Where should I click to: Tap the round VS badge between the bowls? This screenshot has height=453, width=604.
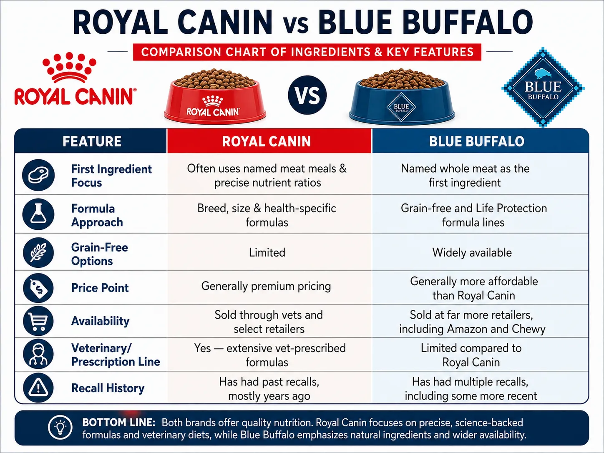coord(307,95)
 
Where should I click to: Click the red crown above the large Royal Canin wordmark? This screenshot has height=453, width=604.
coord(69,68)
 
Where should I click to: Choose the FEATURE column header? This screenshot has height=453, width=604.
coord(92,141)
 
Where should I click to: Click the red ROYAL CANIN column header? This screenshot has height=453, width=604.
coord(267,141)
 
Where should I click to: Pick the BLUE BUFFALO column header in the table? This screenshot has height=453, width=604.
coord(477,141)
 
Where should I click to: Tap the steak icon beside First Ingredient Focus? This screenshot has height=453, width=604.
coord(38,175)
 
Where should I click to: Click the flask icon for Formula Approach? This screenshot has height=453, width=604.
coord(38,214)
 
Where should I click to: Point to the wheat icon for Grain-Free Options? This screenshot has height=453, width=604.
coord(38,252)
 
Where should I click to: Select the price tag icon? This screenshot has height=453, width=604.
coord(38,288)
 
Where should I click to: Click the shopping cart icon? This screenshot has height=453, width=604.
coord(38,321)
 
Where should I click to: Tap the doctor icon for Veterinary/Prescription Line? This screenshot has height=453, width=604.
coord(38,354)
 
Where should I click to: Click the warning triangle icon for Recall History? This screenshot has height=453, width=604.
coord(38,388)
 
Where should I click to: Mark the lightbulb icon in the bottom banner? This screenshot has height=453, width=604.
coord(60,428)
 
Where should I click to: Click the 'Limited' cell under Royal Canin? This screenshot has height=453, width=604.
coord(267,252)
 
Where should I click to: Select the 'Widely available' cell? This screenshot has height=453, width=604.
coord(472,252)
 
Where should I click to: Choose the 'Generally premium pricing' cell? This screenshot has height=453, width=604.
coord(266,286)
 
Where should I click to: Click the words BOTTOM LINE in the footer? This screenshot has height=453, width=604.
coord(119,423)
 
